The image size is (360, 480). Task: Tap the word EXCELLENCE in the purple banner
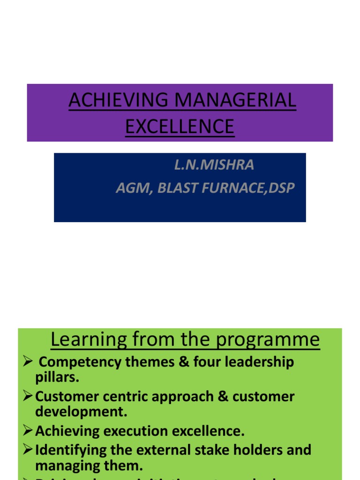(180, 127)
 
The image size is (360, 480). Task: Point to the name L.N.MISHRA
(214, 165)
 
